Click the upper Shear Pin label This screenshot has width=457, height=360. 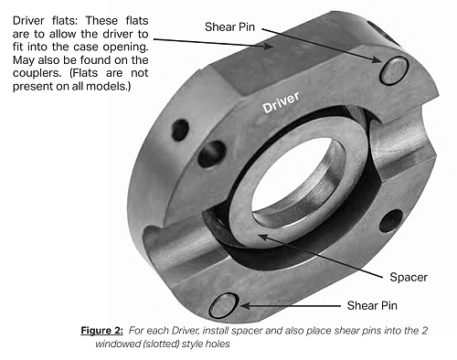tap(229, 27)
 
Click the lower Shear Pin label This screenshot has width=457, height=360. tap(372, 305)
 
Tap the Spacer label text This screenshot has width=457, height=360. tap(409, 277)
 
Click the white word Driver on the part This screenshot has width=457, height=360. tap(281, 102)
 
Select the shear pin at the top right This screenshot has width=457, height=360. tap(394, 70)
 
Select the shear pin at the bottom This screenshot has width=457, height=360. tap(224, 305)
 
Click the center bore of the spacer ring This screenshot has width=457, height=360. tap(297, 176)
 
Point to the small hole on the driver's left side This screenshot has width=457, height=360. tap(180, 130)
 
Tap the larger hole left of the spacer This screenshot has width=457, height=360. tap(211, 154)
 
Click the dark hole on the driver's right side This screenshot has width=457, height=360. tap(391, 220)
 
